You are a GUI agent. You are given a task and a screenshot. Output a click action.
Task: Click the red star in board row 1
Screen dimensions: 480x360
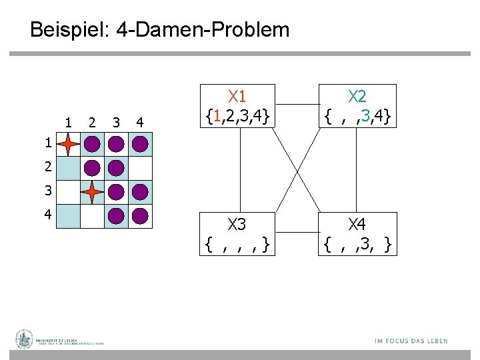coord(68,144)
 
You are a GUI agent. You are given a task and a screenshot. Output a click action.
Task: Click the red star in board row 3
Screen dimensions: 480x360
coord(92,192)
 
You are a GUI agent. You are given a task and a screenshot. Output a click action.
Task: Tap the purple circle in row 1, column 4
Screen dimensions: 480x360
coord(140,144)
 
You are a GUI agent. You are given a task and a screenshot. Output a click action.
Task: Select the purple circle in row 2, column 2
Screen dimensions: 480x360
coord(92,168)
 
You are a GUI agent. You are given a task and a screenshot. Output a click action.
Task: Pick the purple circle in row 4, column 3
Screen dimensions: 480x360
coord(116,216)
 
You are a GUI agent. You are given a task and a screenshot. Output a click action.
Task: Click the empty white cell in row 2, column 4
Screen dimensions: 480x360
coord(140,168)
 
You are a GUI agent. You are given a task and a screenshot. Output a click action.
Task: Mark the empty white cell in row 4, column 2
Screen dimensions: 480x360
coord(92,216)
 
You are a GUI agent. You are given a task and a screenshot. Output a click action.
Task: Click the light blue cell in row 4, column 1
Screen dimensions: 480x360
coord(68,216)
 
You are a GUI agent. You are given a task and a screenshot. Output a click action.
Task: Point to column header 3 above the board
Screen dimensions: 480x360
coord(116,122)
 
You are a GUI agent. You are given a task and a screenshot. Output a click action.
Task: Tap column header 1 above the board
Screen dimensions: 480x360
coord(68,122)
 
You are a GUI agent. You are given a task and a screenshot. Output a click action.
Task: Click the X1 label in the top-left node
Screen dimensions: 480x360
coord(237,95)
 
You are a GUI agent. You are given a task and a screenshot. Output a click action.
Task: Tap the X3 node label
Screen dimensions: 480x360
coord(237,223)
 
